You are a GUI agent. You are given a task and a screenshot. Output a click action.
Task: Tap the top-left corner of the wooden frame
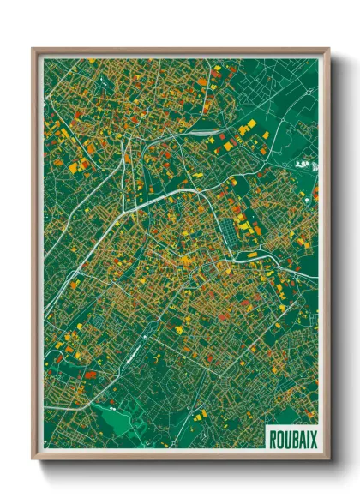coord(33,49)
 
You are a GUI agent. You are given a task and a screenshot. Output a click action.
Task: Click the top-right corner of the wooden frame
coord(328,49)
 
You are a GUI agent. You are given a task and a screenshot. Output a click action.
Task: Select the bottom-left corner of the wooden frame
coord(33,459)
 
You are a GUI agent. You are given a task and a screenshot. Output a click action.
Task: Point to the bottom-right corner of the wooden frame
coord(328,459)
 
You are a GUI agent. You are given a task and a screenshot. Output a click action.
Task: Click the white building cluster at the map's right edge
coord(303,163)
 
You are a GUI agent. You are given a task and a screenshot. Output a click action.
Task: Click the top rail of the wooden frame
coord(180,50)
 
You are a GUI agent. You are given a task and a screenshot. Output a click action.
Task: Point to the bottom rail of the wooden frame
coord(180,458)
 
